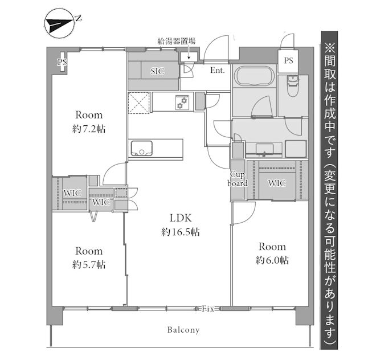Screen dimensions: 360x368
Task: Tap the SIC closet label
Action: pyautogui.click(x=157, y=71)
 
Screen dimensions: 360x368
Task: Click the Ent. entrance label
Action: pyautogui.click(x=217, y=71)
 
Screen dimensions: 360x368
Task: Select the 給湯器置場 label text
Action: pyautogui.click(x=177, y=41)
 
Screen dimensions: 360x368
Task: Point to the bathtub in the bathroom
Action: pyautogui.click(x=254, y=77)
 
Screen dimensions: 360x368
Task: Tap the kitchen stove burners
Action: pyautogui.click(x=182, y=103)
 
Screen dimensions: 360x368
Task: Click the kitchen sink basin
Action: pyautogui.click(x=140, y=149)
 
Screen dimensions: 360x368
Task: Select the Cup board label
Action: pyautogui.click(x=238, y=179)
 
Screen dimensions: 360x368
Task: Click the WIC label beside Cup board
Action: pyautogui.click(x=276, y=183)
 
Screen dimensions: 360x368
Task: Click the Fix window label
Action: pyautogui.click(x=207, y=309)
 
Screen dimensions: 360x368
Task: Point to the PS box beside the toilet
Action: pyautogui.click(x=289, y=60)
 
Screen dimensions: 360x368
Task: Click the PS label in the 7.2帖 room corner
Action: pyautogui.click(x=60, y=62)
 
